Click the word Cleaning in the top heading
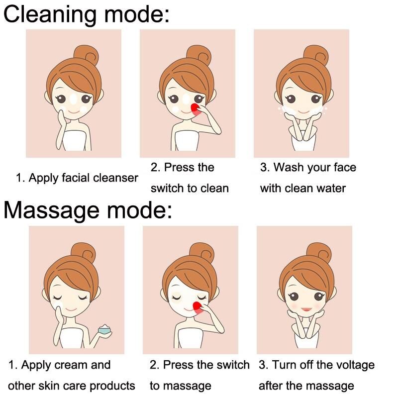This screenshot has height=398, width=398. pos(50,15)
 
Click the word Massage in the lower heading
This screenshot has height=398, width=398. pos(51,211)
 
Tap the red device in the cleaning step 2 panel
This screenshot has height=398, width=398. pos(195,109)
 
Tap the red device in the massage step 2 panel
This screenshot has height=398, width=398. pos(198,307)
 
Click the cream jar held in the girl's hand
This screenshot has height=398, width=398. pos(105,329)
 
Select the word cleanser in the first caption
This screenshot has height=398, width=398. pos(115,178)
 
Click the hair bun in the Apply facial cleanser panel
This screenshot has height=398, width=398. pos(86,54)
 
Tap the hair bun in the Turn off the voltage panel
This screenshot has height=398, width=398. pos(319,252)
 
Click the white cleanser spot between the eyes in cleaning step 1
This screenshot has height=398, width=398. pos(73,99)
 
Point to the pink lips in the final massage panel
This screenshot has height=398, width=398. pos(306,309)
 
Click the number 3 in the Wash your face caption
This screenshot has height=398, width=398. pos(263,168)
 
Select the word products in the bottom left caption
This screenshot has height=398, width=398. pos(112,386)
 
